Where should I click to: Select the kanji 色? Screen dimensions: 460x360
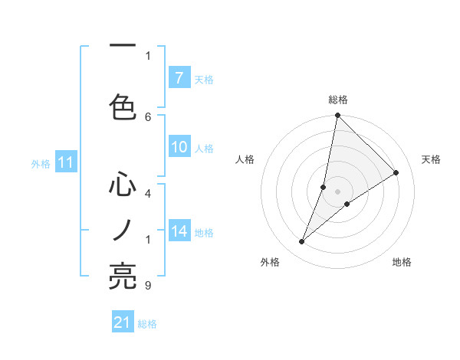click(x=123, y=106)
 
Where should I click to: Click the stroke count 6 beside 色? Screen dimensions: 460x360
click(x=148, y=116)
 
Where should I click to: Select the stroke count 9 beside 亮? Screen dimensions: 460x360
click(x=148, y=286)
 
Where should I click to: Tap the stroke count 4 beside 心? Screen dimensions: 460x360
click(x=148, y=194)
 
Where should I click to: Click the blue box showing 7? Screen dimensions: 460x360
click(x=179, y=78)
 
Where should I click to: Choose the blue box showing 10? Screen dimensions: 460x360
click(x=179, y=148)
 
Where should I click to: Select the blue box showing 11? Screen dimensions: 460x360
click(x=65, y=162)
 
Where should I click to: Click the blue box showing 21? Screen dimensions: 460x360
click(x=123, y=322)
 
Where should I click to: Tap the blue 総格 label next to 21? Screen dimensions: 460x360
click(x=147, y=324)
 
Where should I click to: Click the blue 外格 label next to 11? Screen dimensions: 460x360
click(x=41, y=163)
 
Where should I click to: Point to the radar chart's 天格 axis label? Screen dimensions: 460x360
click(x=431, y=159)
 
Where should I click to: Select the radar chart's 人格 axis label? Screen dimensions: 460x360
click(x=245, y=159)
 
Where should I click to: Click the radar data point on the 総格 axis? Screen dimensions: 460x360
click(x=337, y=116)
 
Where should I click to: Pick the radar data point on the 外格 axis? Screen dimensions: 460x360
click(x=301, y=242)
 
